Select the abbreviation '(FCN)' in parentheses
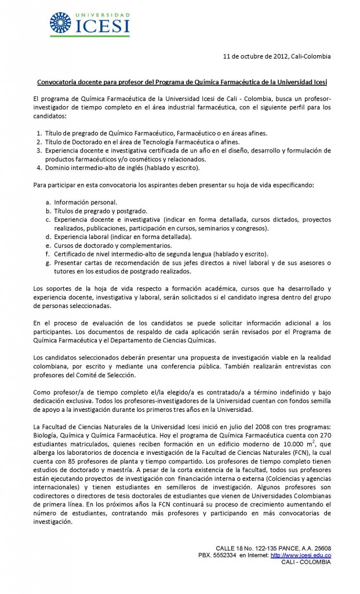tap(301, 452)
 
